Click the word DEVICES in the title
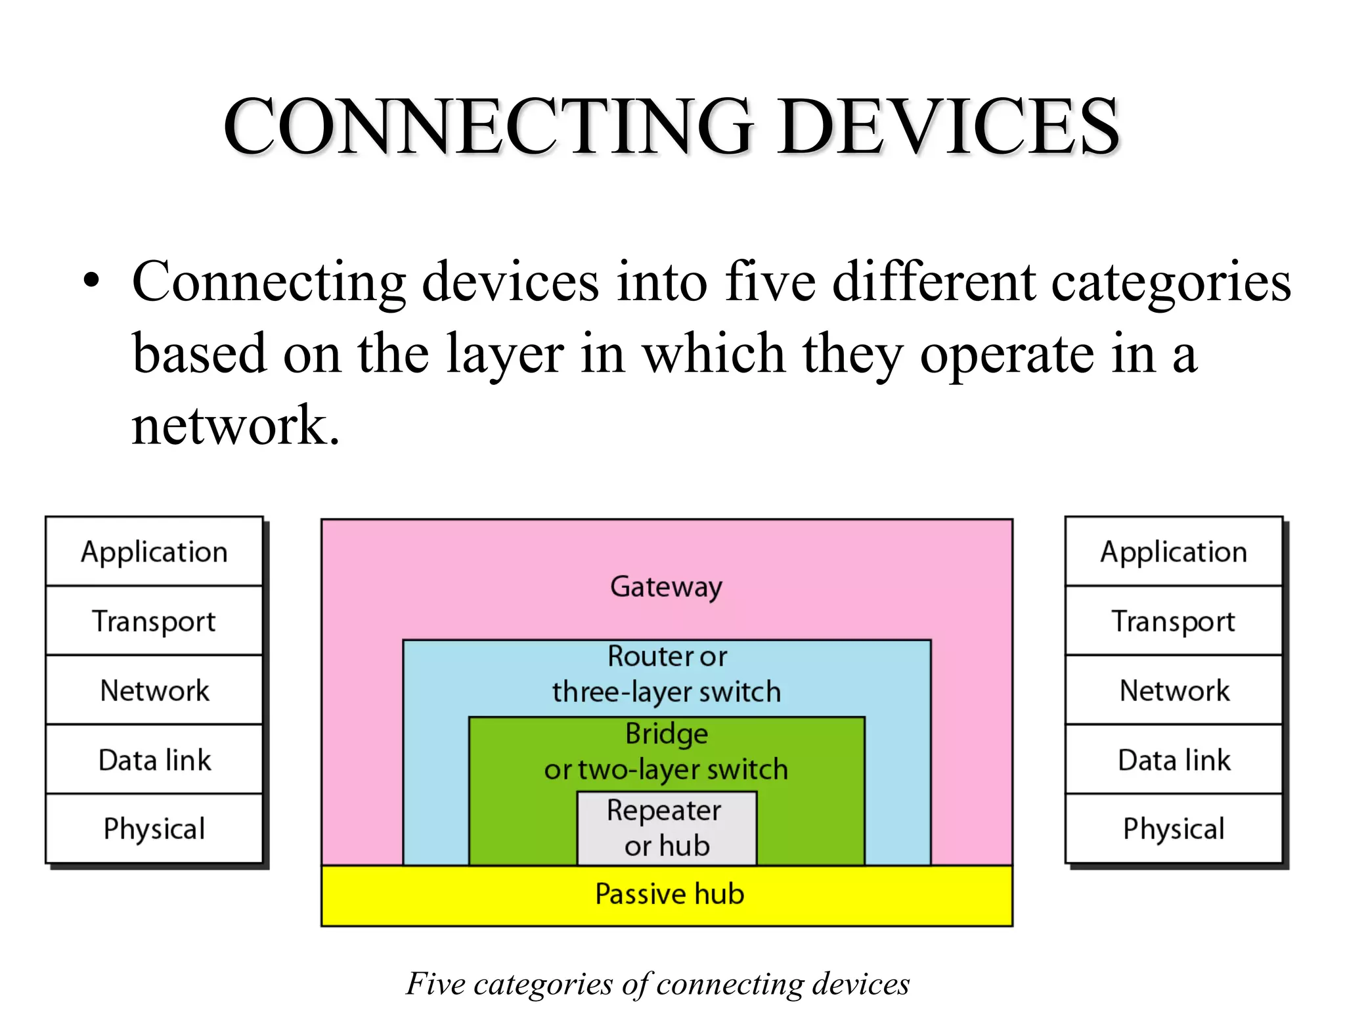point(949,126)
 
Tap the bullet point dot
point(92,280)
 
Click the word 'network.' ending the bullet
point(235,426)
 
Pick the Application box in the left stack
point(154,552)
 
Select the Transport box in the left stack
point(154,621)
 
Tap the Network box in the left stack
point(154,690)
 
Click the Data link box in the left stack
point(154,760)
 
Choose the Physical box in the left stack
point(154,828)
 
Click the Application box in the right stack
point(1174,552)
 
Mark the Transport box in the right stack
point(1174,621)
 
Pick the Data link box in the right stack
point(1174,760)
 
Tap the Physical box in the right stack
point(1174,828)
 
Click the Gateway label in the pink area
point(666,587)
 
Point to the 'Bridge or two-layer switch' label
point(666,751)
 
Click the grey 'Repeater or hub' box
point(667,828)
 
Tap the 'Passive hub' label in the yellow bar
point(669,894)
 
